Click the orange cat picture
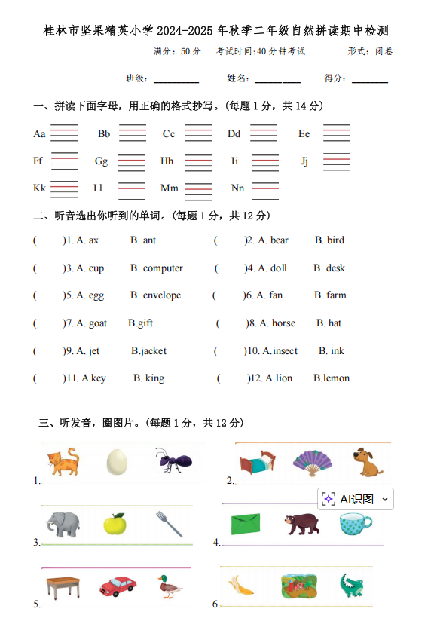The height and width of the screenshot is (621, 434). click(x=63, y=461)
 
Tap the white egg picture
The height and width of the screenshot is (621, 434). click(x=116, y=462)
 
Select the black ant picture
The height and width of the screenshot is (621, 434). click(x=170, y=460)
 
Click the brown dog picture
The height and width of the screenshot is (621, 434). click(x=368, y=463)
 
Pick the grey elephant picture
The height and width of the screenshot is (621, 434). click(x=62, y=524)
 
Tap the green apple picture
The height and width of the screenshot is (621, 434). click(x=115, y=523)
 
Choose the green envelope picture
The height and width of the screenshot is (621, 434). click(x=246, y=524)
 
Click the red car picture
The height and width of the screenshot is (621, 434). click(x=118, y=586)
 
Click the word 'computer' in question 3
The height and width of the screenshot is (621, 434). click(x=163, y=268)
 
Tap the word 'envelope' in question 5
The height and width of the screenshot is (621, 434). click(x=162, y=295)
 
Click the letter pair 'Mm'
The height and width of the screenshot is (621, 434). click(x=169, y=188)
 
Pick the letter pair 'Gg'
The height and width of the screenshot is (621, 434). click(x=101, y=161)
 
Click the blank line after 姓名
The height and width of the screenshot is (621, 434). click(x=277, y=80)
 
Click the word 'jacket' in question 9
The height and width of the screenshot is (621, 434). click(x=151, y=351)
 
